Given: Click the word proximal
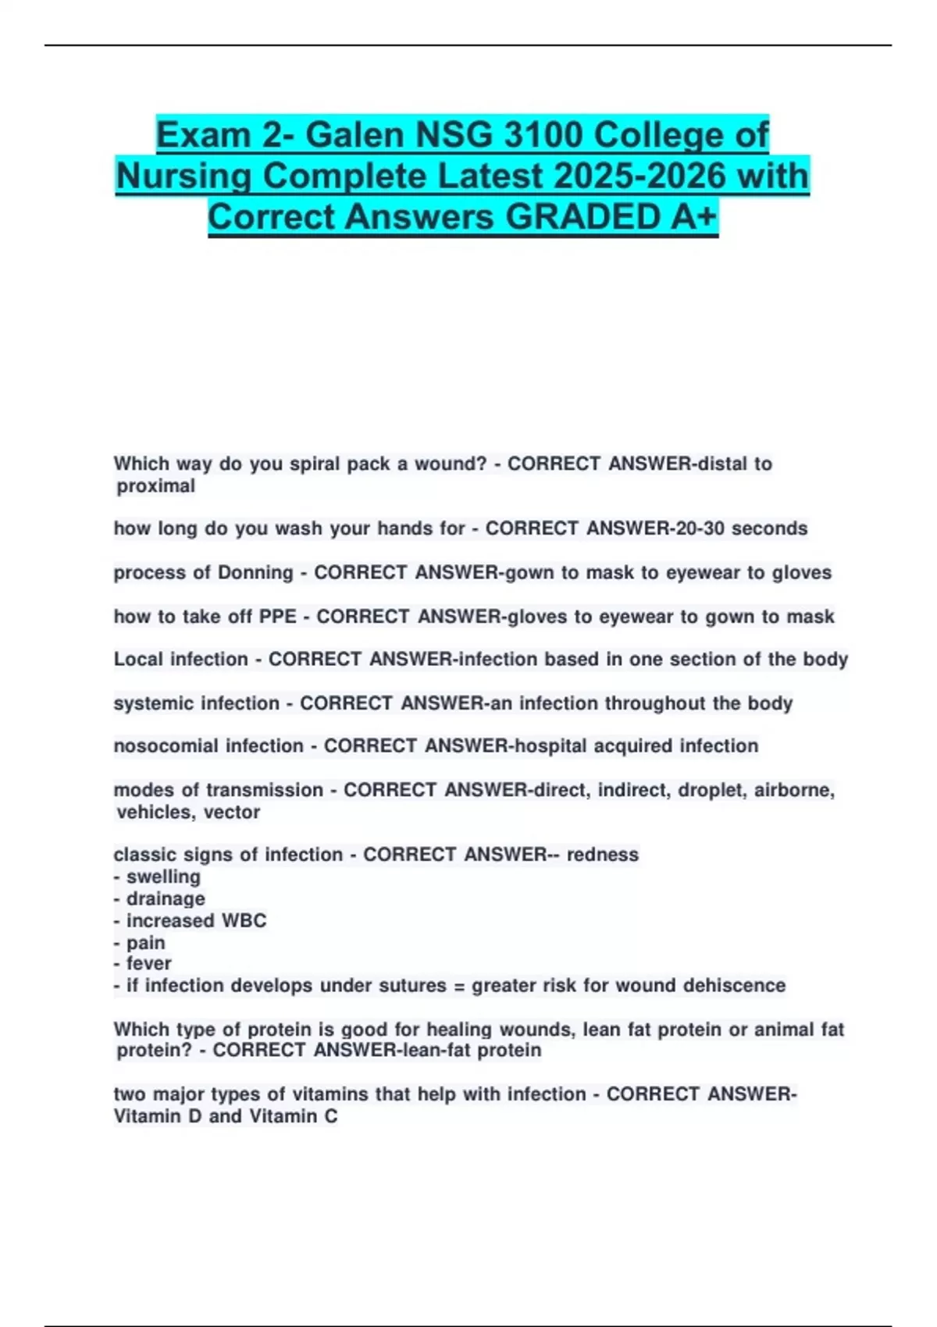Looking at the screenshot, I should [x=156, y=486].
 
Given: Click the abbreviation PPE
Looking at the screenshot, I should [x=278, y=617].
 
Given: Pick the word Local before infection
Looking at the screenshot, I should [x=141, y=659].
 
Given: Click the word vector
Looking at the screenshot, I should [x=232, y=812].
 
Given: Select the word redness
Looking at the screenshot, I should [x=603, y=855].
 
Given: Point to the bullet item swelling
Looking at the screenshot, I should [x=163, y=877].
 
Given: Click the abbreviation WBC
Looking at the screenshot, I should [x=244, y=920].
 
